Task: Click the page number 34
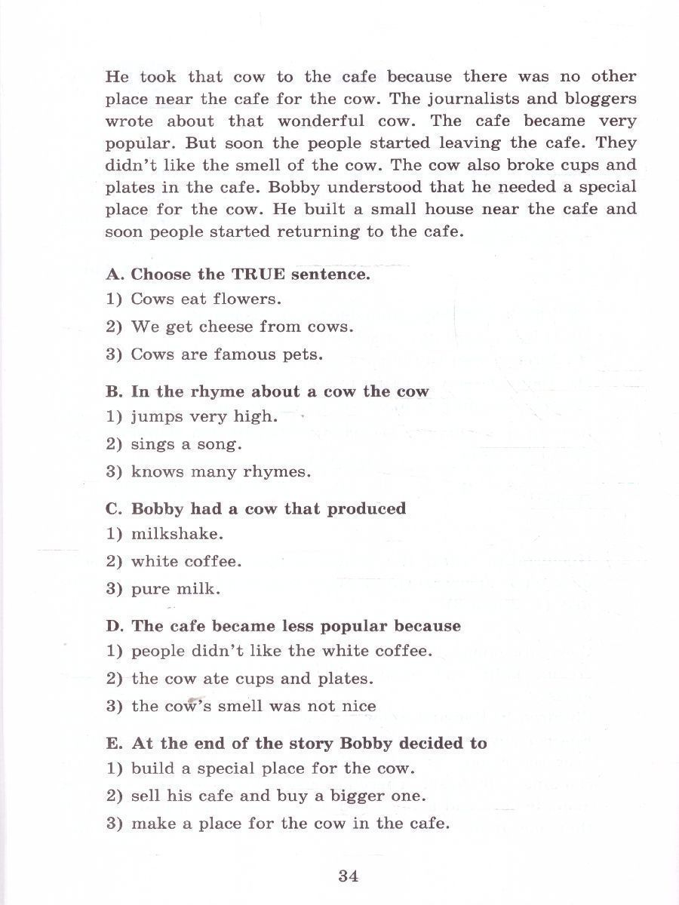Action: tap(348, 876)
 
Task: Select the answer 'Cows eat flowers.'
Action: tap(205, 299)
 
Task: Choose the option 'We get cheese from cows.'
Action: tap(241, 327)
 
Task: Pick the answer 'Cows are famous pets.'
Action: tap(226, 354)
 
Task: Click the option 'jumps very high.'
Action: tap(204, 416)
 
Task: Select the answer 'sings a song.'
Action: tap(186, 444)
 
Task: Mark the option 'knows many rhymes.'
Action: tap(220, 472)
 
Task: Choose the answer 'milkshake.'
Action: tap(177, 534)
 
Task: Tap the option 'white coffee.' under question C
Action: tap(186, 562)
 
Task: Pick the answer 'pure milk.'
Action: tap(175, 590)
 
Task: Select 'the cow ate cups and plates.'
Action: tap(252, 679)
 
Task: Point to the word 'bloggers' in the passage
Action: tap(599, 99)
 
